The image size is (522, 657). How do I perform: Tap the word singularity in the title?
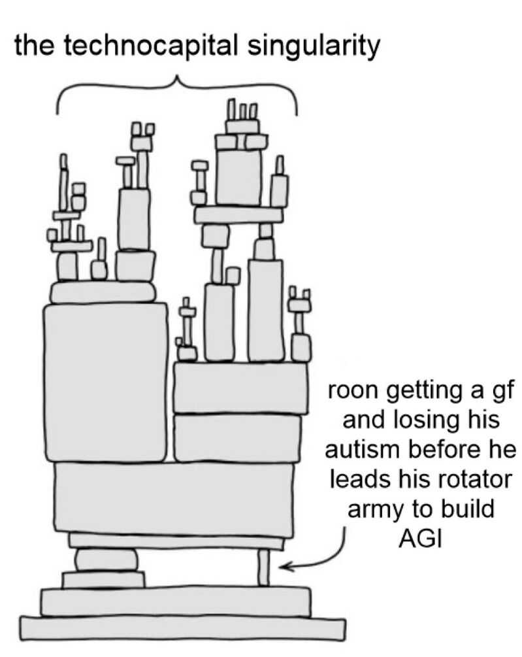[x=314, y=47]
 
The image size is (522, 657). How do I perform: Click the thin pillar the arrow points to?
[x=263, y=567]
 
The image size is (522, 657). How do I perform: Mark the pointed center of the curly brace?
[x=177, y=77]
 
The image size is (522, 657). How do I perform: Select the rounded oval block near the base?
[x=106, y=560]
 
